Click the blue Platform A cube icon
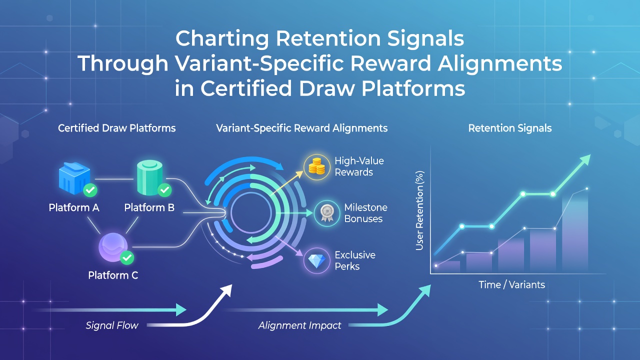(x=74, y=178)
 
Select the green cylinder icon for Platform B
(x=149, y=177)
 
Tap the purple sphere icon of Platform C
(x=113, y=247)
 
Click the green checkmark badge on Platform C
(x=127, y=257)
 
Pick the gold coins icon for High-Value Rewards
(x=316, y=167)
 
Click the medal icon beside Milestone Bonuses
(x=327, y=213)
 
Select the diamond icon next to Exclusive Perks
(x=317, y=260)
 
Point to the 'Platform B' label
(x=149, y=207)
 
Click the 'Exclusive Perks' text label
(x=355, y=260)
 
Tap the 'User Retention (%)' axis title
(x=419, y=210)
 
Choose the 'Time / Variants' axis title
(x=511, y=284)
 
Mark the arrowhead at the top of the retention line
(x=585, y=159)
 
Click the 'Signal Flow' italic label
(x=111, y=325)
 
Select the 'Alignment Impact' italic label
(x=299, y=325)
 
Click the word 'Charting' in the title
(x=222, y=39)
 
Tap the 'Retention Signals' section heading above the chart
(x=509, y=128)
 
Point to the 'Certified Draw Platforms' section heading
(x=116, y=128)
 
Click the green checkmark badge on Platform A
(x=90, y=190)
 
